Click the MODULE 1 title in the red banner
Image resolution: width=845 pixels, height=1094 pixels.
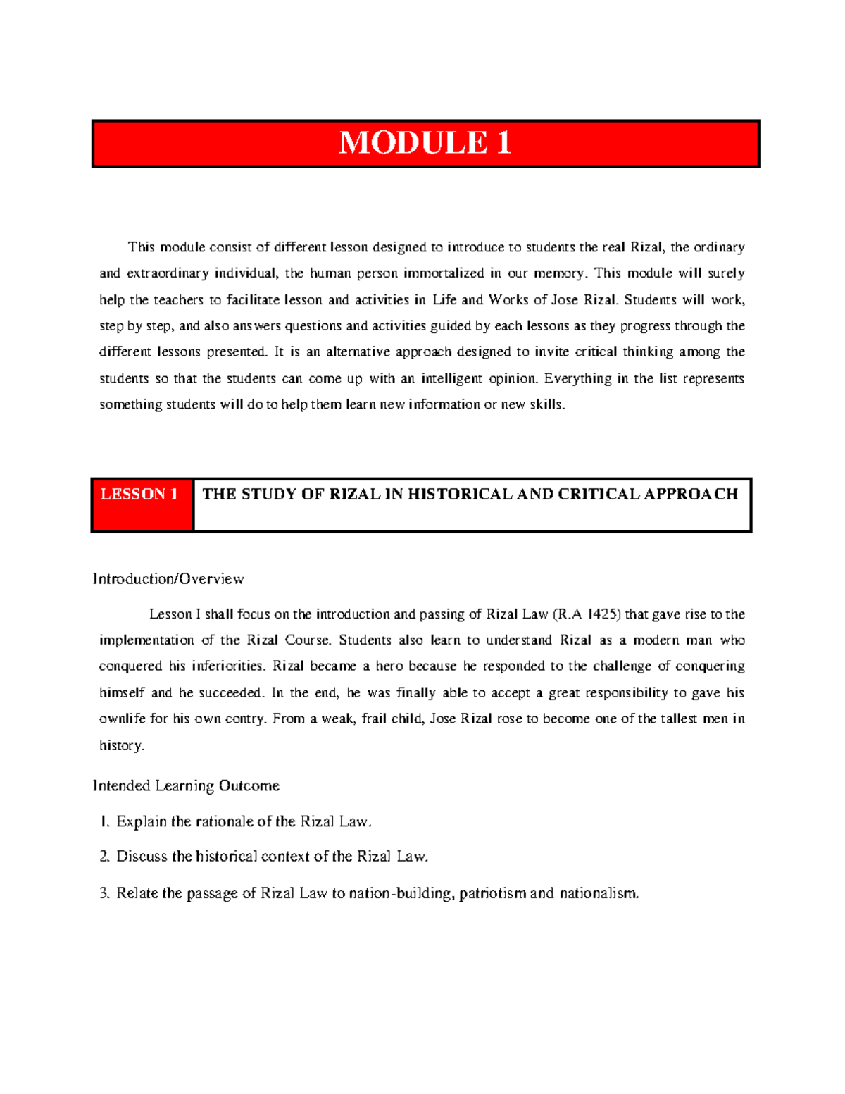(x=425, y=143)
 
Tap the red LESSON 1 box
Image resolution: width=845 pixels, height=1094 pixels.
(x=142, y=504)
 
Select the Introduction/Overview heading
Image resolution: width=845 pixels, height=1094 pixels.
(x=168, y=579)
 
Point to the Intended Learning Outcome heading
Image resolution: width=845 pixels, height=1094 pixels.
(x=186, y=785)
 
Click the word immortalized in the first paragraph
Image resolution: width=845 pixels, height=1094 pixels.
(x=443, y=273)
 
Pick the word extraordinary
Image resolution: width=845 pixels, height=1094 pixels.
(x=168, y=273)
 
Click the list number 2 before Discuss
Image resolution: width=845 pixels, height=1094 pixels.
(x=104, y=857)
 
